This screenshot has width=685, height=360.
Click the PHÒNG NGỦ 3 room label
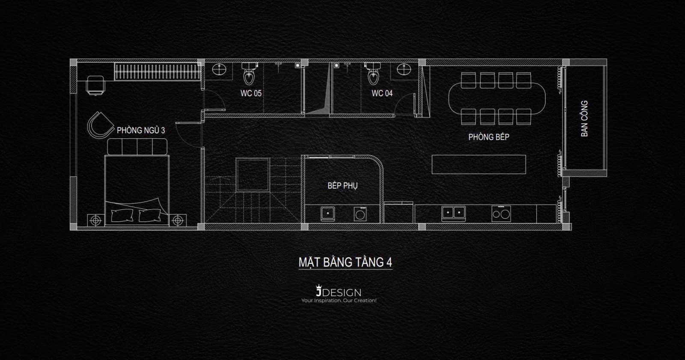(x=141, y=130)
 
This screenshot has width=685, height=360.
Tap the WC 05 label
(x=251, y=93)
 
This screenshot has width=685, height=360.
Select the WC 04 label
(x=382, y=93)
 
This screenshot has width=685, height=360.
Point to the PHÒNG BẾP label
(x=489, y=137)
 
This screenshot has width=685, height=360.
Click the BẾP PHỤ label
(x=342, y=186)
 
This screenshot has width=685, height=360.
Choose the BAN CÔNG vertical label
(x=584, y=119)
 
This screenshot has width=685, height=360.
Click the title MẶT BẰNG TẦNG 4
(x=345, y=262)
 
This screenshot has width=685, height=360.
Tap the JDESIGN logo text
(x=338, y=292)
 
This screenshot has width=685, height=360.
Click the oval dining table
(x=497, y=98)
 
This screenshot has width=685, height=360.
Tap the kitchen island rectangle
(x=479, y=164)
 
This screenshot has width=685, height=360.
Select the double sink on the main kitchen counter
(x=454, y=213)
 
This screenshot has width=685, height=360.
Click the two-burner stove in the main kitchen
(x=501, y=213)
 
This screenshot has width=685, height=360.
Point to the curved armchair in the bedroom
(x=101, y=125)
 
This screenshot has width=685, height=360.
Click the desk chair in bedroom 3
(x=95, y=85)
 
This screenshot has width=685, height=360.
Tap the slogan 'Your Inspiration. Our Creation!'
(x=339, y=300)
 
